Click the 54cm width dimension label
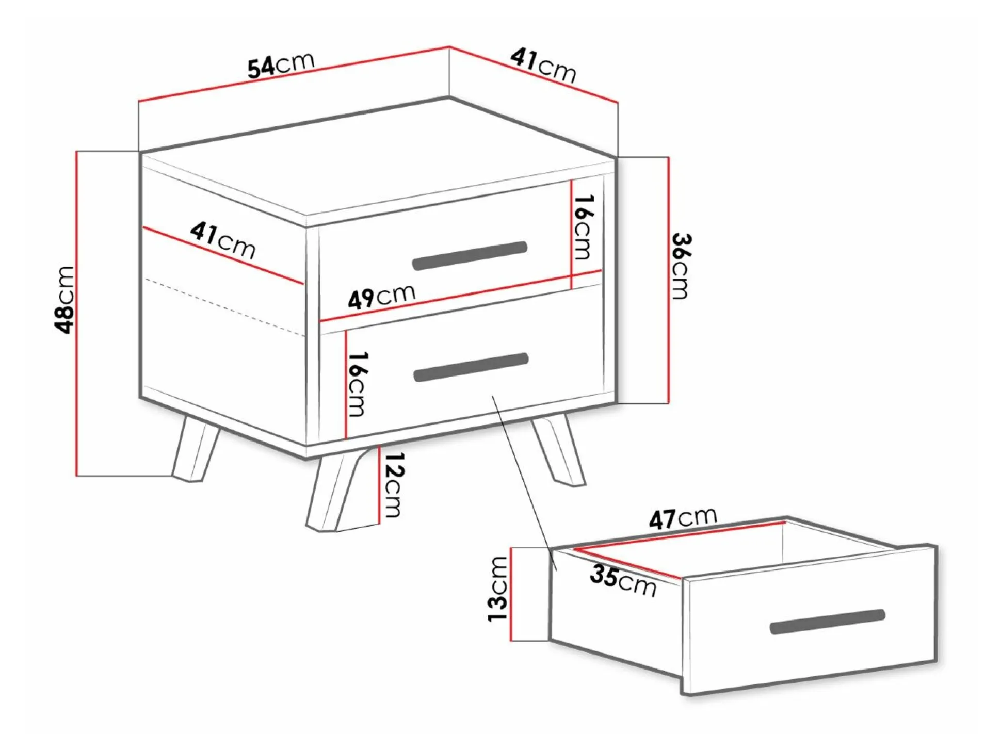(281, 66)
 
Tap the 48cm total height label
(66, 300)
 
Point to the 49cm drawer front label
(381, 296)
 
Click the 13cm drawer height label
(498, 589)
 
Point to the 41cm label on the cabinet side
(223, 240)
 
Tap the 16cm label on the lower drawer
(358, 384)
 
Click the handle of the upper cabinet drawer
(470, 255)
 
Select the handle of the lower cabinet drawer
(471, 367)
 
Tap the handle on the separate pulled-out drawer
(828, 622)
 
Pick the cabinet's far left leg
(196, 448)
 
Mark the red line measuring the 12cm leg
(379, 484)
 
